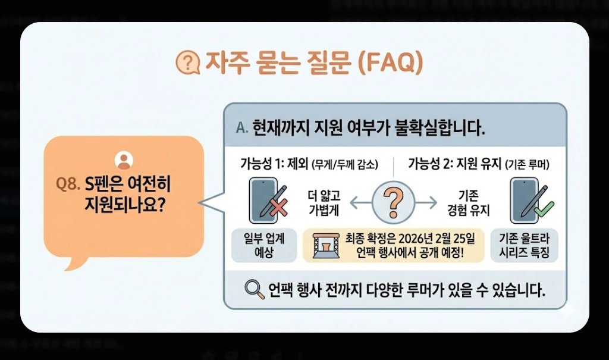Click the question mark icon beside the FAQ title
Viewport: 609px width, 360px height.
187,62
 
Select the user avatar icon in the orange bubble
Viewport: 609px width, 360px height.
123,160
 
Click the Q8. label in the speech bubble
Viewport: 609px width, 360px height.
66,184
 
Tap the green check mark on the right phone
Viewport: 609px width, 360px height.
544,208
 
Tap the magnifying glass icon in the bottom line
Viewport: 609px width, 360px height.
254,289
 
